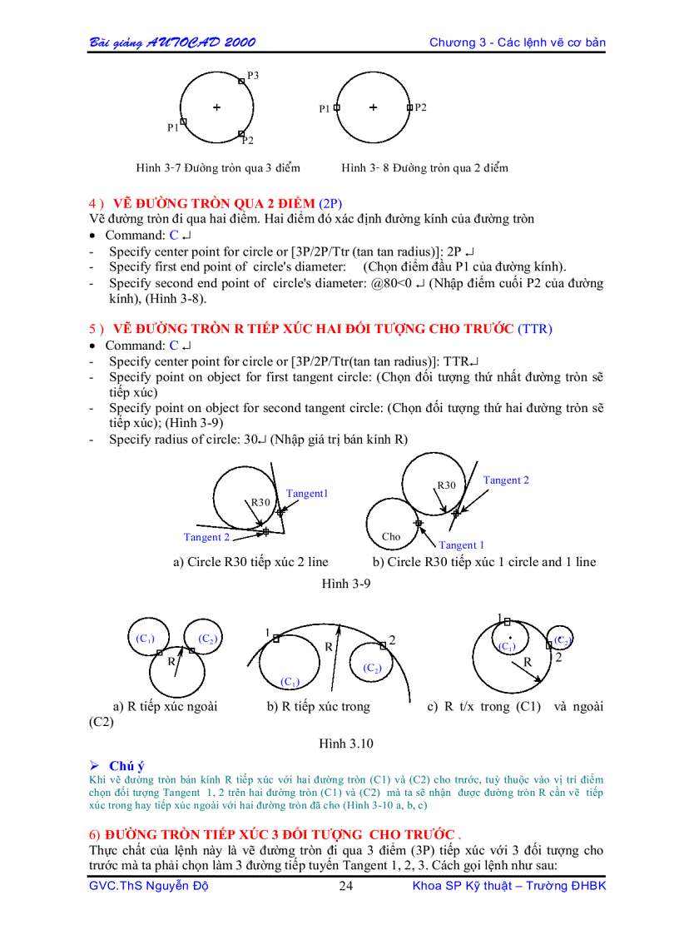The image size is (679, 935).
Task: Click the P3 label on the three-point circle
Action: point(253,76)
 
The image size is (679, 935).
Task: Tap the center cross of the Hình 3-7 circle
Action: point(216,107)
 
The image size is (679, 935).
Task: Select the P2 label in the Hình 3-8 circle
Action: point(421,107)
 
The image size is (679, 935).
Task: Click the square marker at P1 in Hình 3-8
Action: point(337,107)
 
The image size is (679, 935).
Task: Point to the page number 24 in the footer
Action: point(346,886)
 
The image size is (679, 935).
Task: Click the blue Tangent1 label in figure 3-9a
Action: point(307,494)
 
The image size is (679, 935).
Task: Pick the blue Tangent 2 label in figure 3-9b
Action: point(506,480)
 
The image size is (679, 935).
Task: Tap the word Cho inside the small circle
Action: point(391,537)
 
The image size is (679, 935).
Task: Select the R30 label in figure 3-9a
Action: point(260,503)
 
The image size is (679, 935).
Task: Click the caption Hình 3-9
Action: point(346,584)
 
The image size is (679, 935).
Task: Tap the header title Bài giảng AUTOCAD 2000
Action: point(172,42)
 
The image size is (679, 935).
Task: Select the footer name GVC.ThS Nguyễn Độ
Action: point(148,886)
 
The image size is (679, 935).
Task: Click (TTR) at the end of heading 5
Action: point(535,329)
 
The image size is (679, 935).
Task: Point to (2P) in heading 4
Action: point(330,204)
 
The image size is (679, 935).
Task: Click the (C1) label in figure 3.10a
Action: point(145,639)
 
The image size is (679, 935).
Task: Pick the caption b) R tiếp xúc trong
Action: point(318,707)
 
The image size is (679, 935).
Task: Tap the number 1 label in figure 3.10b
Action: point(268,633)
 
